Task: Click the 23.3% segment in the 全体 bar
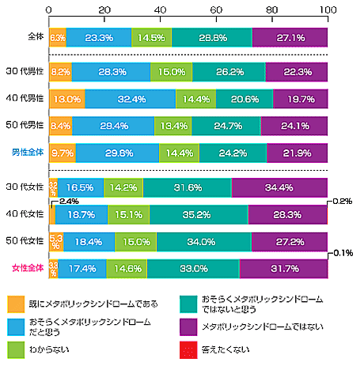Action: [x=98, y=37]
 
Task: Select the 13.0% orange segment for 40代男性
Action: [x=67, y=100]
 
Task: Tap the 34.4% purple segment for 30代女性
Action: [x=279, y=187]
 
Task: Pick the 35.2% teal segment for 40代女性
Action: [x=199, y=213]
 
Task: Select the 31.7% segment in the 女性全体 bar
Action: [x=282, y=267]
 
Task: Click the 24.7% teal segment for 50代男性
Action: [x=226, y=125]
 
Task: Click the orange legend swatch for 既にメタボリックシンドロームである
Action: [x=16, y=304]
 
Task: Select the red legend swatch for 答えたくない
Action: [x=188, y=346]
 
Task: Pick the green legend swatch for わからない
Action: [x=16, y=346]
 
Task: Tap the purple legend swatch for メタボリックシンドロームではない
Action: [x=188, y=326]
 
